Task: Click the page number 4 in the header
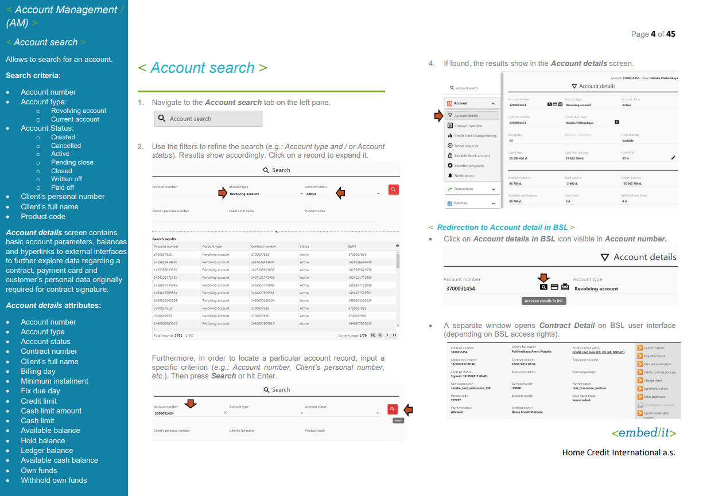(653, 34)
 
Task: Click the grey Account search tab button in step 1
(208, 119)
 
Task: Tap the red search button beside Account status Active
(393, 189)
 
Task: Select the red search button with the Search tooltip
(392, 409)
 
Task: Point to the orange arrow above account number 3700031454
(191, 404)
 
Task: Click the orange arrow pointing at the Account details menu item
(438, 115)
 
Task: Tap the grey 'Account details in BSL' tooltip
(544, 300)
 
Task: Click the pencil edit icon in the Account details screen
(673, 158)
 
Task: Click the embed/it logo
(643, 432)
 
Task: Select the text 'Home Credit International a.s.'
(619, 452)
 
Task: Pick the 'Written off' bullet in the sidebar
(66, 179)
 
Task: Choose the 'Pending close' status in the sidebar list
(72, 162)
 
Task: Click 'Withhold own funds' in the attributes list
(54, 480)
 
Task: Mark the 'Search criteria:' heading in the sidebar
(33, 75)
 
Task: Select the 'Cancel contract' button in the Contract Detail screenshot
(654, 348)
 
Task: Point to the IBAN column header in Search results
(352, 246)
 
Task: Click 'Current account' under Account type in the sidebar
(75, 119)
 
